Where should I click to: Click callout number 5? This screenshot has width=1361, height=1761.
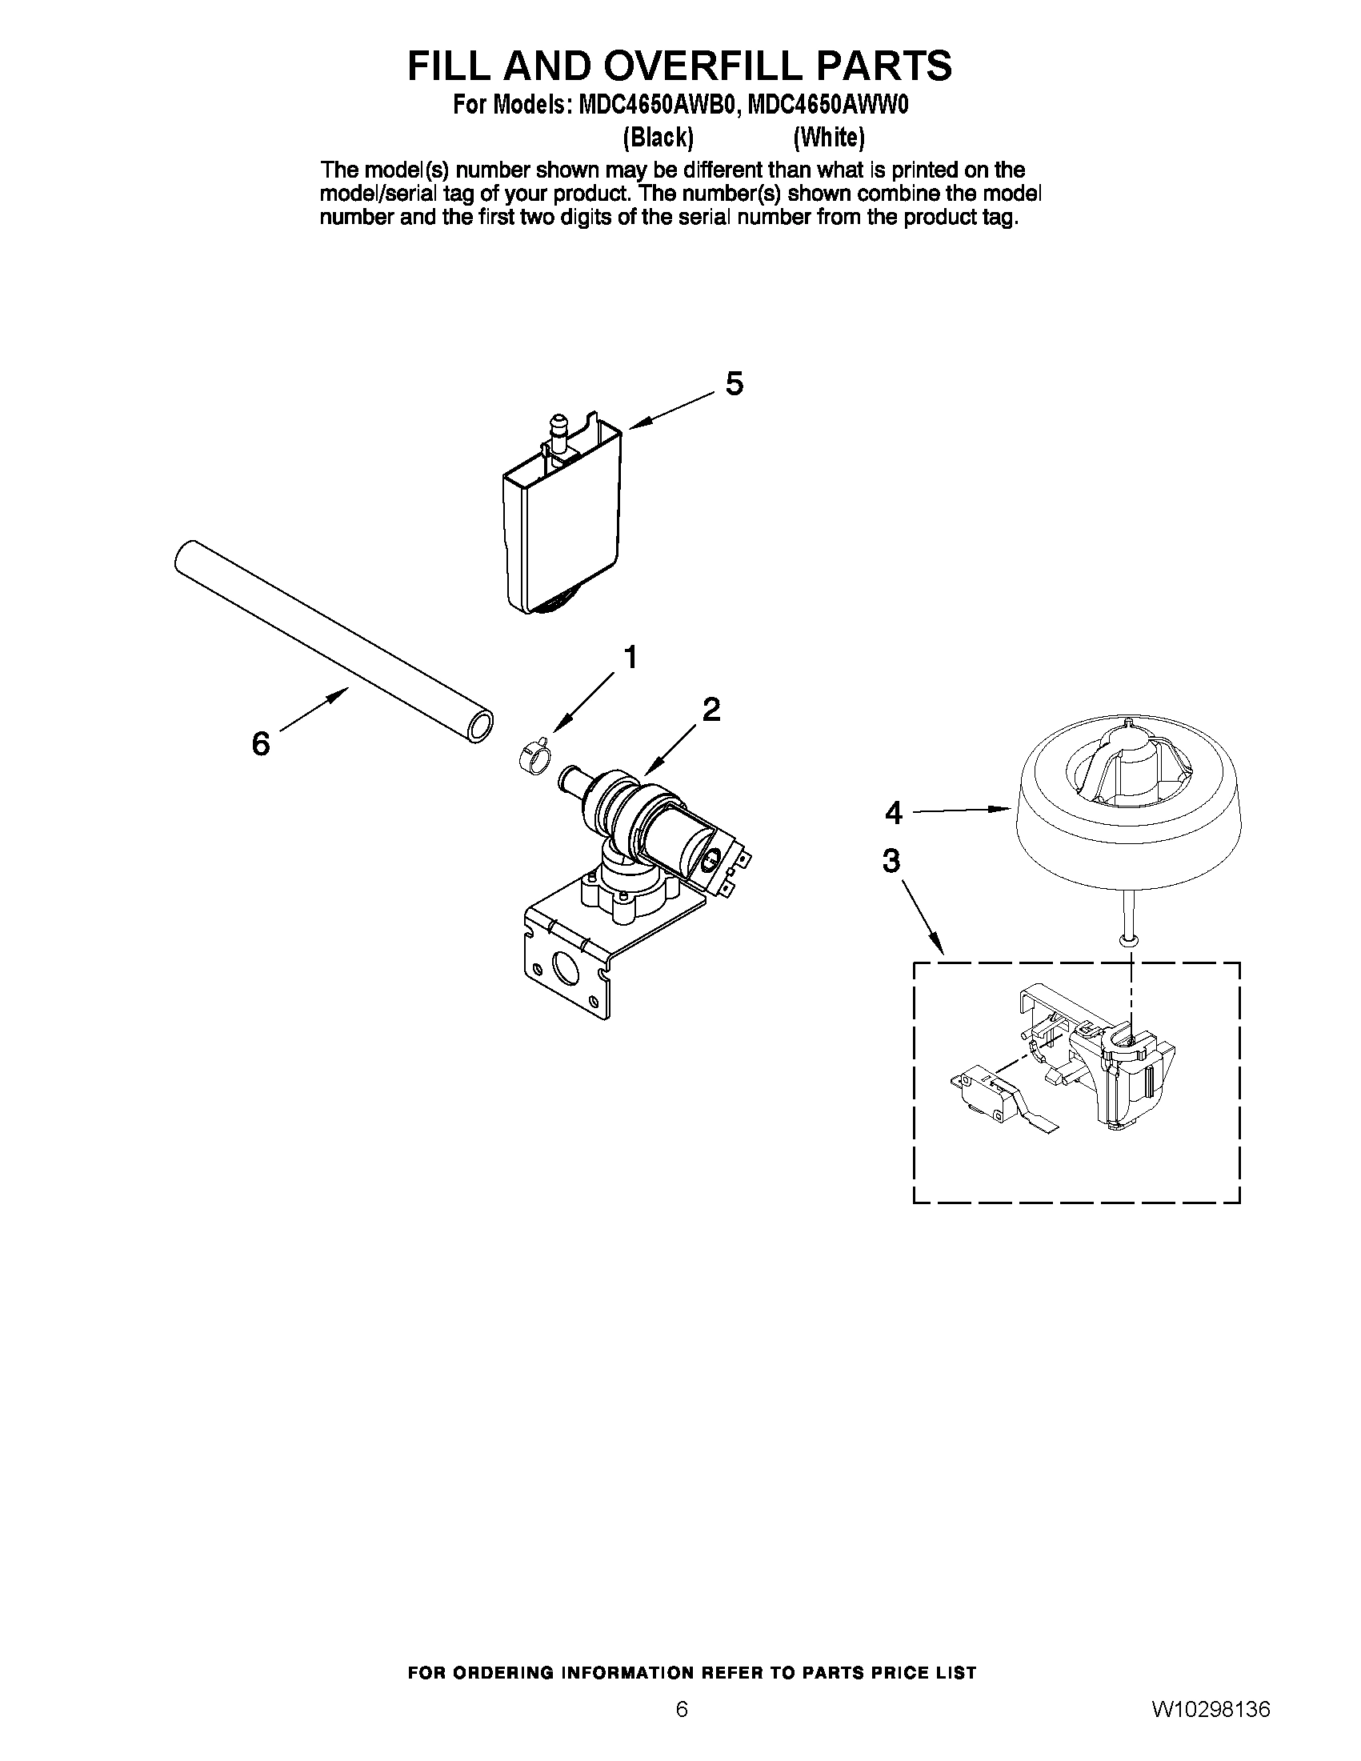point(734,384)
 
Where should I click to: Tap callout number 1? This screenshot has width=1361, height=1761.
point(630,658)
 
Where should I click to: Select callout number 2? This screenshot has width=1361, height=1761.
point(711,710)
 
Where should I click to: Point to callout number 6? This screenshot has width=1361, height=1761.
point(260,743)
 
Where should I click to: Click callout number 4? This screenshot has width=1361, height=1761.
point(894,813)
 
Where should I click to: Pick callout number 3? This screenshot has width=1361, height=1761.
point(891,861)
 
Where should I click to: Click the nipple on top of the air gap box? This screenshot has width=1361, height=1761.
point(557,425)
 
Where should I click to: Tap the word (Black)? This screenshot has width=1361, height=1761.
point(658,138)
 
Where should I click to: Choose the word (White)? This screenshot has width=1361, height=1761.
point(829,138)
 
